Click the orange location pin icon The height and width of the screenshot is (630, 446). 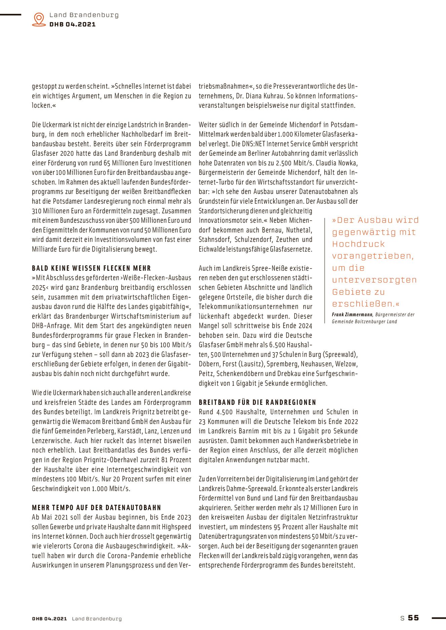tap(39, 19)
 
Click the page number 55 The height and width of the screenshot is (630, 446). tap(413, 618)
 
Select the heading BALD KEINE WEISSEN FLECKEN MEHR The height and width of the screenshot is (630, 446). tap(91, 268)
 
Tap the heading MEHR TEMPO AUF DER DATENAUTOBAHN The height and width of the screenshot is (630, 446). tap(97, 507)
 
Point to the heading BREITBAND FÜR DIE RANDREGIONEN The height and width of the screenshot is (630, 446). tap(257, 402)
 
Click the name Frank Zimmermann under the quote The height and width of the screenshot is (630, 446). tap(352, 314)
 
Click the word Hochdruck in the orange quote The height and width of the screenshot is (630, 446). tap(358, 244)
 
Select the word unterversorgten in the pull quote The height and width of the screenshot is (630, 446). tap(374, 280)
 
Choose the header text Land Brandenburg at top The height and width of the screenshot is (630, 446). tap(84, 15)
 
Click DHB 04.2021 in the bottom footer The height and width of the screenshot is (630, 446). tap(49, 619)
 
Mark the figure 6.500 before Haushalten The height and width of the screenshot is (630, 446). tap(277, 345)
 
